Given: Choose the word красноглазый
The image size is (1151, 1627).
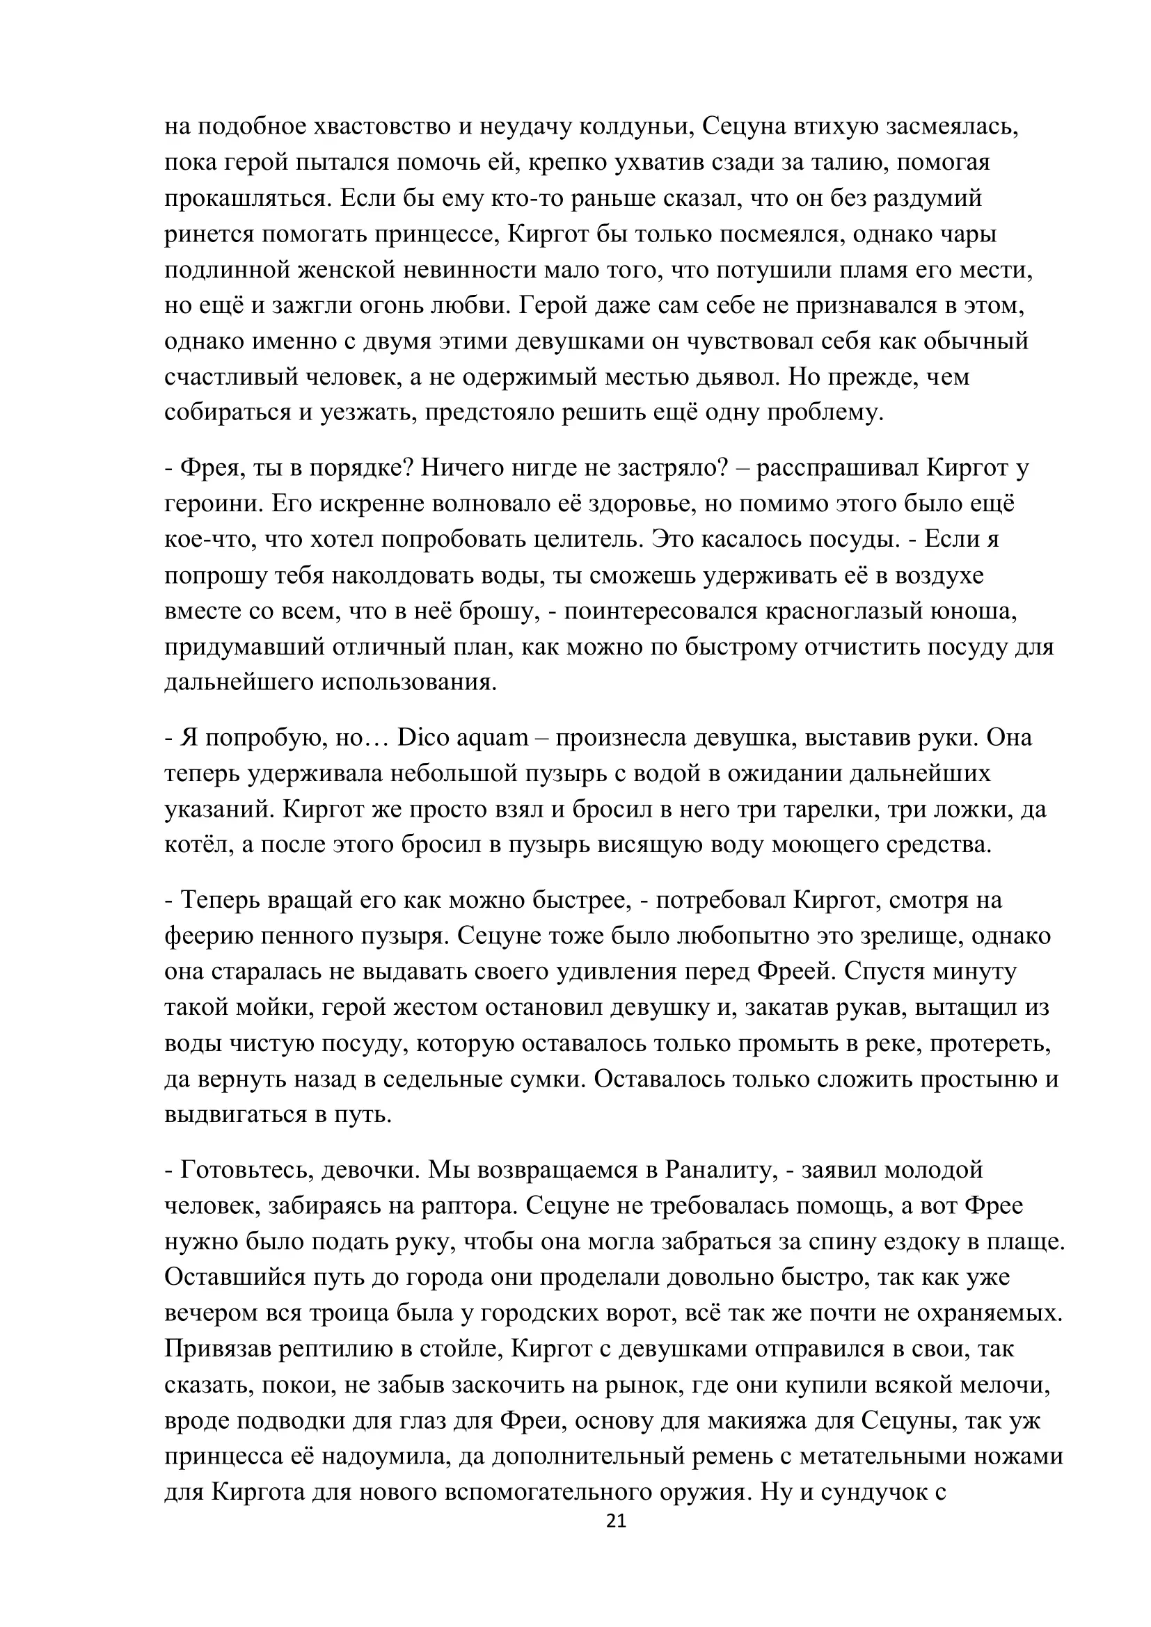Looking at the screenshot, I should point(834,611).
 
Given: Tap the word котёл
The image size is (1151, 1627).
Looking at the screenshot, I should point(196,844).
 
